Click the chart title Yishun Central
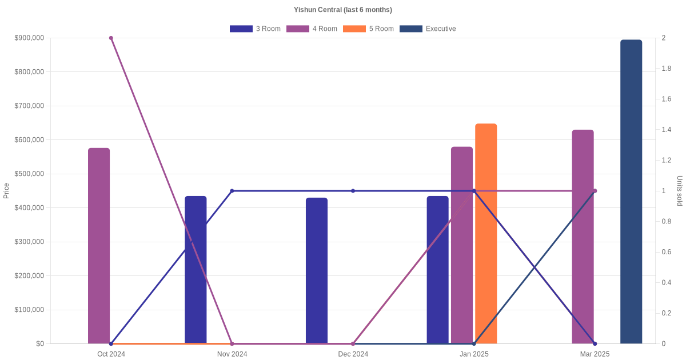click(342, 10)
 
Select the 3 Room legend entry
click(255, 29)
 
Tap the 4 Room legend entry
click(312, 29)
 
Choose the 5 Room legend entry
click(368, 29)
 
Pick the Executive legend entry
click(428, 29)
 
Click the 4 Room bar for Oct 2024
click(99, 246)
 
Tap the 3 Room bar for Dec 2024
click(317, 271)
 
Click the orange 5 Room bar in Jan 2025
click(486, 234)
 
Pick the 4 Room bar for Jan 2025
click(462, 245)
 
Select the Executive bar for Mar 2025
click(631, 192)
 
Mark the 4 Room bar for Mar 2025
click(583, 237)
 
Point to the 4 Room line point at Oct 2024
click(111, 38)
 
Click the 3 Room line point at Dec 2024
click(353, 191)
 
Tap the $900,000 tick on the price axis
click(29, 38)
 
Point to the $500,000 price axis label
click(29, 174)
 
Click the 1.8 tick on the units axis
click(667, 69)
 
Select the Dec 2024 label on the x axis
click(353, 354)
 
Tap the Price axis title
click(6, 191)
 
